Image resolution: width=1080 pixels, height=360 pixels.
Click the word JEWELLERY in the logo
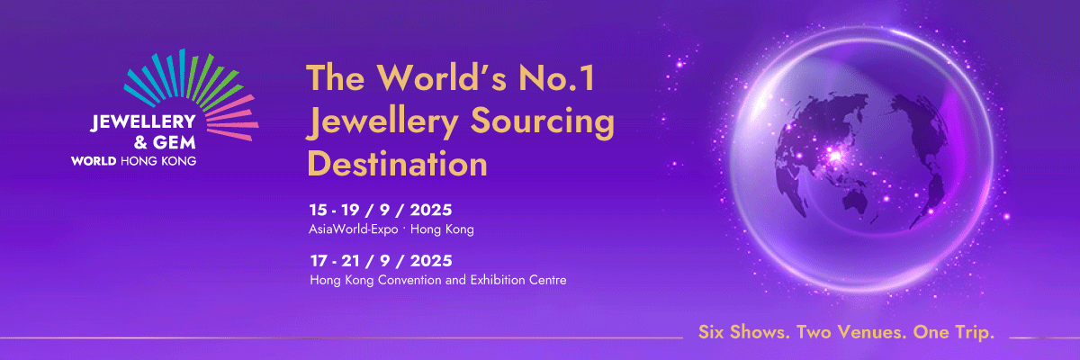pyautogui.click(x=143, y=121)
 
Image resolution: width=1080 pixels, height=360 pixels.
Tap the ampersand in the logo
pyautogui.click(x=140, y=143)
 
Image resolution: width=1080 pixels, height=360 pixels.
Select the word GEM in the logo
pyautogui.click(x=175, y=143)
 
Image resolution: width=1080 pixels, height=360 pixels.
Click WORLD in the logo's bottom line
pyautogui.click(x=94, y=161)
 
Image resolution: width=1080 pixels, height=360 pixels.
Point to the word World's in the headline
pyautogui.click(x=442, y=77)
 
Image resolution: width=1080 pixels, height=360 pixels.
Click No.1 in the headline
pyautogui.click(x=557, y=77)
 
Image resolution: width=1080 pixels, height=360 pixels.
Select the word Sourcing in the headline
pyautogui.click(x=543, y=122)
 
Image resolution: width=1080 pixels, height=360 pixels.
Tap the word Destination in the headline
pyautogui.click(x=397, y=164)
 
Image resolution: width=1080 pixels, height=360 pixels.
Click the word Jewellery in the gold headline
pyautogui.click(x=382, y=122)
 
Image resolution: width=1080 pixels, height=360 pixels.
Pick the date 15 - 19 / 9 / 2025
pyautogui.click(x=381, y=210)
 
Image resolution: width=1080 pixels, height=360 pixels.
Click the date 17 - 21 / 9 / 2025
pyautogui.click(x=382, y=261)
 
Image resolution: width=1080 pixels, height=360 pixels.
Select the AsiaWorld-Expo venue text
pyautogui.click(x=354, y=229)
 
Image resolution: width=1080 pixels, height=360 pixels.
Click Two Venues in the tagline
pyautogui.click(x=852, y=332)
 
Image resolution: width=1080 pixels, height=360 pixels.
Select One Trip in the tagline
pyautogui.click(x=954, y=332)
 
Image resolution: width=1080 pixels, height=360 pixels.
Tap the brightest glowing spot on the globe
pyautogui.click(x=835, y=156)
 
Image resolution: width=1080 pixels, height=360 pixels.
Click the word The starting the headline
pyautogui.click(x=336, y=77)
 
